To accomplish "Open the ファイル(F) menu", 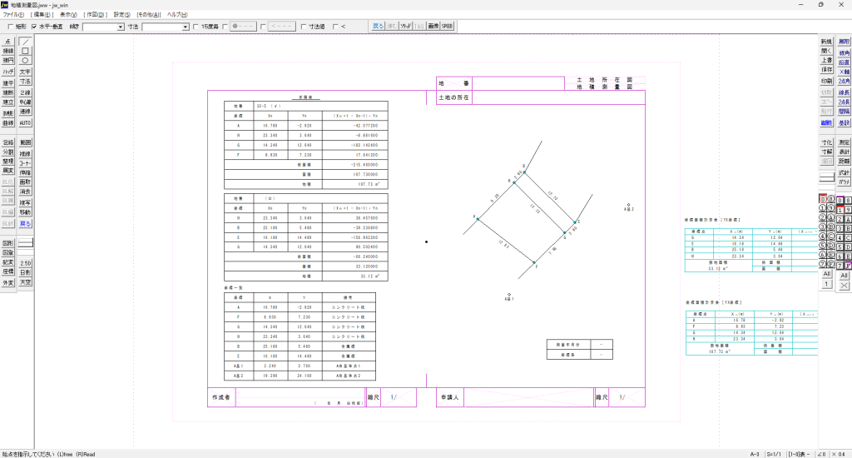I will coord(14,15).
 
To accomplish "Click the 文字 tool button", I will coord(25,72).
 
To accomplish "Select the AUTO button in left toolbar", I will coord(25,122).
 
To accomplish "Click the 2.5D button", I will coord(25,263).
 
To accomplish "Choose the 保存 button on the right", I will coord(825,71).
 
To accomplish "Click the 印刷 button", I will coord(825,81).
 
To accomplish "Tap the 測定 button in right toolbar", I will coord(844,142).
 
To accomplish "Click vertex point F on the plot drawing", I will coord(534,263).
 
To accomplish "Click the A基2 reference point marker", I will coord(628,204).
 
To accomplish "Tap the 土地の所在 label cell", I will coord(453,97).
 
